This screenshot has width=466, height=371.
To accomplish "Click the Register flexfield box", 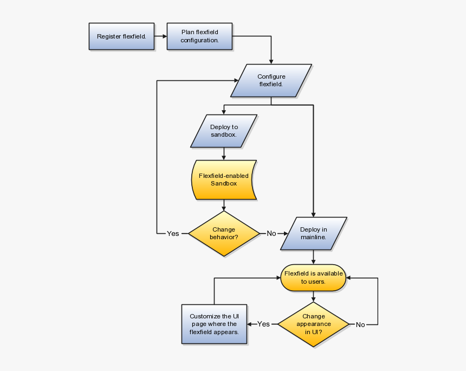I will click(121, 37).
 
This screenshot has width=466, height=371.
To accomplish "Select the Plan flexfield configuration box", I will click(199, 36).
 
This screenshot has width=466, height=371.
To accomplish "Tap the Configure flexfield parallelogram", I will click(271, 81).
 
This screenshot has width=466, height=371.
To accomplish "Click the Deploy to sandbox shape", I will click(224, 131).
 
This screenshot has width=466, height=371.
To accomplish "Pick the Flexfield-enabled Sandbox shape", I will click(224, 180).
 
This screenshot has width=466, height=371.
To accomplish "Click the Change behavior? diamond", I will click(224, 234).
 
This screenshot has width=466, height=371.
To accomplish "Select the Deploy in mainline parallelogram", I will click(313, 234).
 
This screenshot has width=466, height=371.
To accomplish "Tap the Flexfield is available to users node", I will click(313, 278).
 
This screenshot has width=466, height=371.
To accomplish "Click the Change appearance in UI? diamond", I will click(314, 324).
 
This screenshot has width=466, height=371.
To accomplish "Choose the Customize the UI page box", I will click(214, 324).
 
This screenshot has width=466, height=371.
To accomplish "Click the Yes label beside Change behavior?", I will click(173, 234).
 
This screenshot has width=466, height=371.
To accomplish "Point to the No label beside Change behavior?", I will click(271, 234).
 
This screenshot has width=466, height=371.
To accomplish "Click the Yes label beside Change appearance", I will click(263, 324).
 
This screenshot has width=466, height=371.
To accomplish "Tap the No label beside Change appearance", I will click(360, 325).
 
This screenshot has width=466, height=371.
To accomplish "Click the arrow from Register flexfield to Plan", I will click(160, 37).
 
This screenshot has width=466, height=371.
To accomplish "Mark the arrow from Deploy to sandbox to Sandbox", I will click(224, 154).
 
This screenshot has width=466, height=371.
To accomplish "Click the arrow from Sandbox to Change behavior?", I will click(224, 206).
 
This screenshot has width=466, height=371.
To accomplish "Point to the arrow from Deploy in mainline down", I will click(313, 257).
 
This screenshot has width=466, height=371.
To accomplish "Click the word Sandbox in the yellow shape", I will click(224, 184).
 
